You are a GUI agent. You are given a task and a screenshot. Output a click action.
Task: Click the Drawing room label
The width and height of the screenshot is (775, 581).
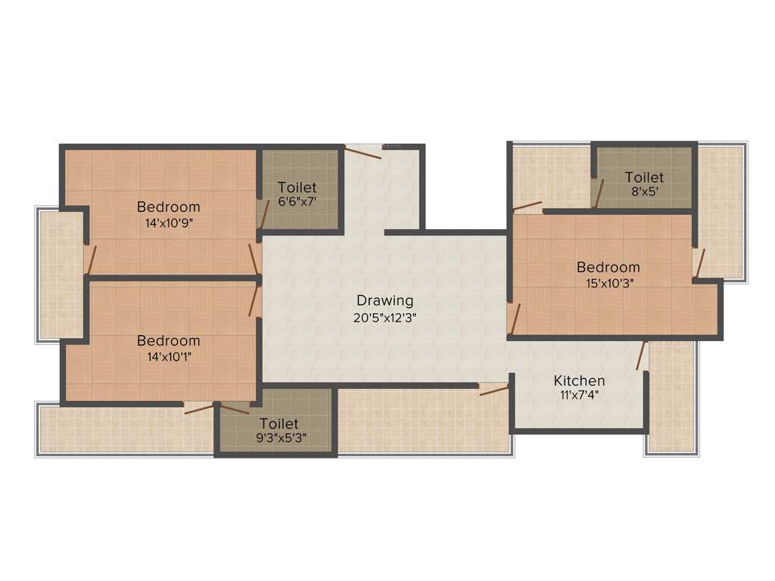[x=385, y=301]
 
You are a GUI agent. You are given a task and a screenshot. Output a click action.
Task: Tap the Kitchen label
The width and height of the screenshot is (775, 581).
[x=579, y=381]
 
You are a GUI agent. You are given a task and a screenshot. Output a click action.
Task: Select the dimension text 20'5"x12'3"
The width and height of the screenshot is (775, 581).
[x=385, y=318]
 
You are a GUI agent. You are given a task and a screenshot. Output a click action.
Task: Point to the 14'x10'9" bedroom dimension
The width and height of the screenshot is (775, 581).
[x=168, y=223]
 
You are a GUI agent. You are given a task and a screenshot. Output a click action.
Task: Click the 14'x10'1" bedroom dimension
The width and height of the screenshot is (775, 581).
[x=168, y=357]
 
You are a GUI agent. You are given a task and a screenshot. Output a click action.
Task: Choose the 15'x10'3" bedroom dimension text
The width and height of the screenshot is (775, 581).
[x=608, y=283]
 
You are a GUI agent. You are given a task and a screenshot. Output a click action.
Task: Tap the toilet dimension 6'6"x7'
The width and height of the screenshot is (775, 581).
[x=297, y=203]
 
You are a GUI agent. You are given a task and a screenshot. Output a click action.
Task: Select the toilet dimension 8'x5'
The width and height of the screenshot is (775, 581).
[x=644, y=192]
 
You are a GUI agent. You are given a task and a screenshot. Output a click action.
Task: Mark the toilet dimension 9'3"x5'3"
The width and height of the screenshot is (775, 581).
[x=279, y=439]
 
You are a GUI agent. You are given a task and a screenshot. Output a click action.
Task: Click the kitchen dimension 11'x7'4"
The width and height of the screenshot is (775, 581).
[x=579, y=396]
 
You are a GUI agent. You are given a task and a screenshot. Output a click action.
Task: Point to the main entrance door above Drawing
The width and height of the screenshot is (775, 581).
[x=363, y=151]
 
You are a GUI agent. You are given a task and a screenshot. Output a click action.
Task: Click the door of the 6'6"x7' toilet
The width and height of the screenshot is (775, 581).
[x=263, y=214]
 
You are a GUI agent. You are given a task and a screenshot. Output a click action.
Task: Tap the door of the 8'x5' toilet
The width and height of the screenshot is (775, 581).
[x=599, y=193]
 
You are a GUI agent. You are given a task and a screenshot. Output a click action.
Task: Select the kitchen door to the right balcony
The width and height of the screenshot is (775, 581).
[x=643, y=356]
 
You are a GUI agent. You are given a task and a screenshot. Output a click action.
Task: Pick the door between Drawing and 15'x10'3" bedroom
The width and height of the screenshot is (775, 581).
[x=513, y=318]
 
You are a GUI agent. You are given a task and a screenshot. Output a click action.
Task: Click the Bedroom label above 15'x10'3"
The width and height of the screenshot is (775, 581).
[x=608, y=267]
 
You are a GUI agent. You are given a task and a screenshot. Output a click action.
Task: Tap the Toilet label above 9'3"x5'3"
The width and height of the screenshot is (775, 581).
[x=279, y=424]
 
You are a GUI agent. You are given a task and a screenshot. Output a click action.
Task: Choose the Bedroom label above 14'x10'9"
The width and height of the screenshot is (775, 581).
[x=168, y=207]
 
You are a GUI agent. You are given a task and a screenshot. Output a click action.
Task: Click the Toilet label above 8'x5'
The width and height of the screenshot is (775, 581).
[x=644, y=177]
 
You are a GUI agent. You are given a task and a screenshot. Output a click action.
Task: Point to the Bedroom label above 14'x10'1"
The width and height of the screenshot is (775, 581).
[x=168, y=341]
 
